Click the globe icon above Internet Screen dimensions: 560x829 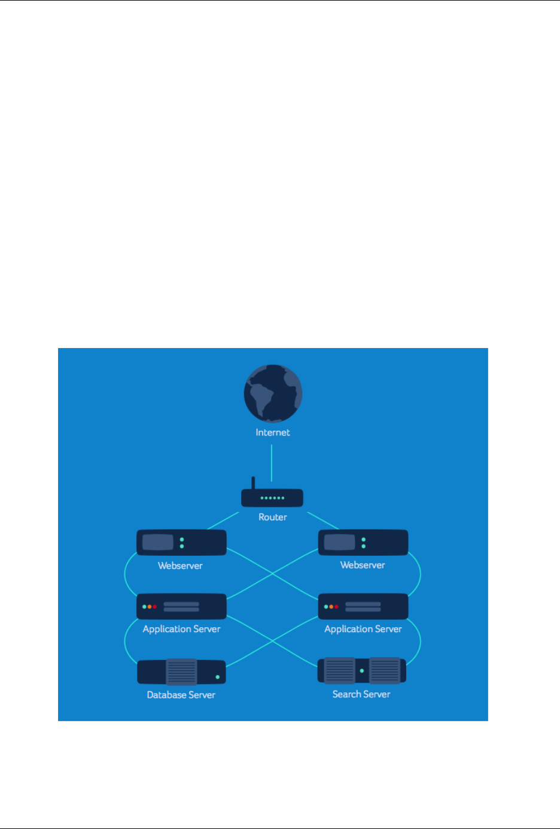point(273,394)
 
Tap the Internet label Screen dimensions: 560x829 point(273,432)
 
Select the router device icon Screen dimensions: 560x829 point(272,498)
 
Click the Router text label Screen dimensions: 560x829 point(273,517)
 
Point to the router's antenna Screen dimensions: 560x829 point(253,483)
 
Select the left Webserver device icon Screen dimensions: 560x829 point(181,543)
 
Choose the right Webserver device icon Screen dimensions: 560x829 point(363,543)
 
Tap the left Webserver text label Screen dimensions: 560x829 point(180,565)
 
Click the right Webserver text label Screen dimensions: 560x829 point(363,565)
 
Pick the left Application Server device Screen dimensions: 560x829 point(181,607)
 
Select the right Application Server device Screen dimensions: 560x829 point(363,607)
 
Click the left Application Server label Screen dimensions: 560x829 point(181,629)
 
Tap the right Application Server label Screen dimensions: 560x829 point(363,629)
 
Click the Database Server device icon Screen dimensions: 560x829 point(181,672)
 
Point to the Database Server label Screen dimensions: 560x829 point(181,695)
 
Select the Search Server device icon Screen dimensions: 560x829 point(362,671)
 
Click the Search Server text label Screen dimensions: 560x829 point(361,694)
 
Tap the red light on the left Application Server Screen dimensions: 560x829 point(154,607)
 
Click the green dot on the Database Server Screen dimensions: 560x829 point(217,677)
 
